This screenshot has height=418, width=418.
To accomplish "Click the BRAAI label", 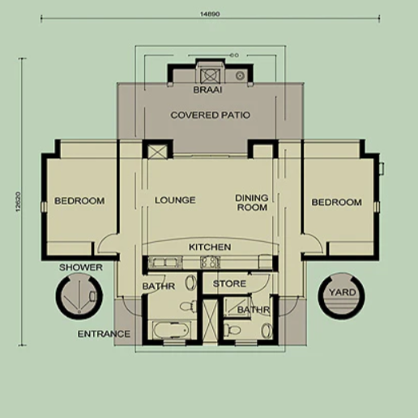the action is point(207,90).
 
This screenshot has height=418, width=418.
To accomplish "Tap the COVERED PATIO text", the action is point(211,115).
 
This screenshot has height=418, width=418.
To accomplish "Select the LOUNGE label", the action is point(175,200).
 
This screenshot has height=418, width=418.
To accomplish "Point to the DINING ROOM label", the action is point(252,203).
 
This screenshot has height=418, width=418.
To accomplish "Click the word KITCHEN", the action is point(210,247).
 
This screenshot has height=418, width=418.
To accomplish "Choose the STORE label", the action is point(229,284).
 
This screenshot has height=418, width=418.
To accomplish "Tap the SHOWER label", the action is point(81,267).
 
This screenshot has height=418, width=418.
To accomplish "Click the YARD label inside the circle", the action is point(342,292).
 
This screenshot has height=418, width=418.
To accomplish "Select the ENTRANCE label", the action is point(104,334).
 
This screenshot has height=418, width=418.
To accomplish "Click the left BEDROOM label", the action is point(79,201).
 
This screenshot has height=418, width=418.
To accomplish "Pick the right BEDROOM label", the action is point(336,203).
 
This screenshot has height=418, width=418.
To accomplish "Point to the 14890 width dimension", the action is point(210,14).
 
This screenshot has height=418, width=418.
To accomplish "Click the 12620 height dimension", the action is point(19,202).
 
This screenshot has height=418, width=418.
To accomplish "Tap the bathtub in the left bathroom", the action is point(171,330).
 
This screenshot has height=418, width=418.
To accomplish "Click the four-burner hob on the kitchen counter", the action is point(210,262).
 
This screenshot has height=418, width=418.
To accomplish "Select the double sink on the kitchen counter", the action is point(164,262).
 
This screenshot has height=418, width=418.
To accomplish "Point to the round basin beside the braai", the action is point(240,76).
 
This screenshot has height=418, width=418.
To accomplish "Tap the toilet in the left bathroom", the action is point(190,306).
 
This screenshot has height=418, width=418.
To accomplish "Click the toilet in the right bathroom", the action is point(232,330).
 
